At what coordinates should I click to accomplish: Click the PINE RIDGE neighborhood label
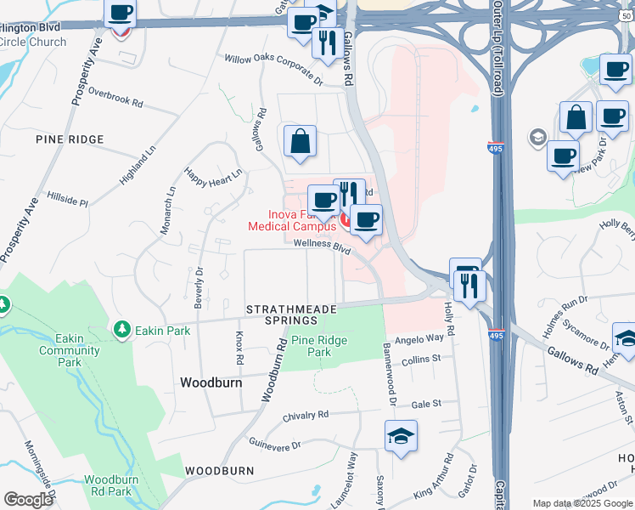(x=70, y=139)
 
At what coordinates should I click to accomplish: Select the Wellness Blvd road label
(x=322, y=246)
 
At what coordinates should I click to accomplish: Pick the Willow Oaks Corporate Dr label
(x=273, y=71)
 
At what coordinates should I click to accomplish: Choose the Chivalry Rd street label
(x=306, y=415)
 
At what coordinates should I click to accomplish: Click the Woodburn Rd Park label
(x=108, y=485)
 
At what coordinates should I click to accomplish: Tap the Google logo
(x=29, y=500)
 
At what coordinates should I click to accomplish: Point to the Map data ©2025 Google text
(x=582, y=503)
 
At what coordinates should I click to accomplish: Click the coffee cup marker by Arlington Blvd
(x=121, y=14)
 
